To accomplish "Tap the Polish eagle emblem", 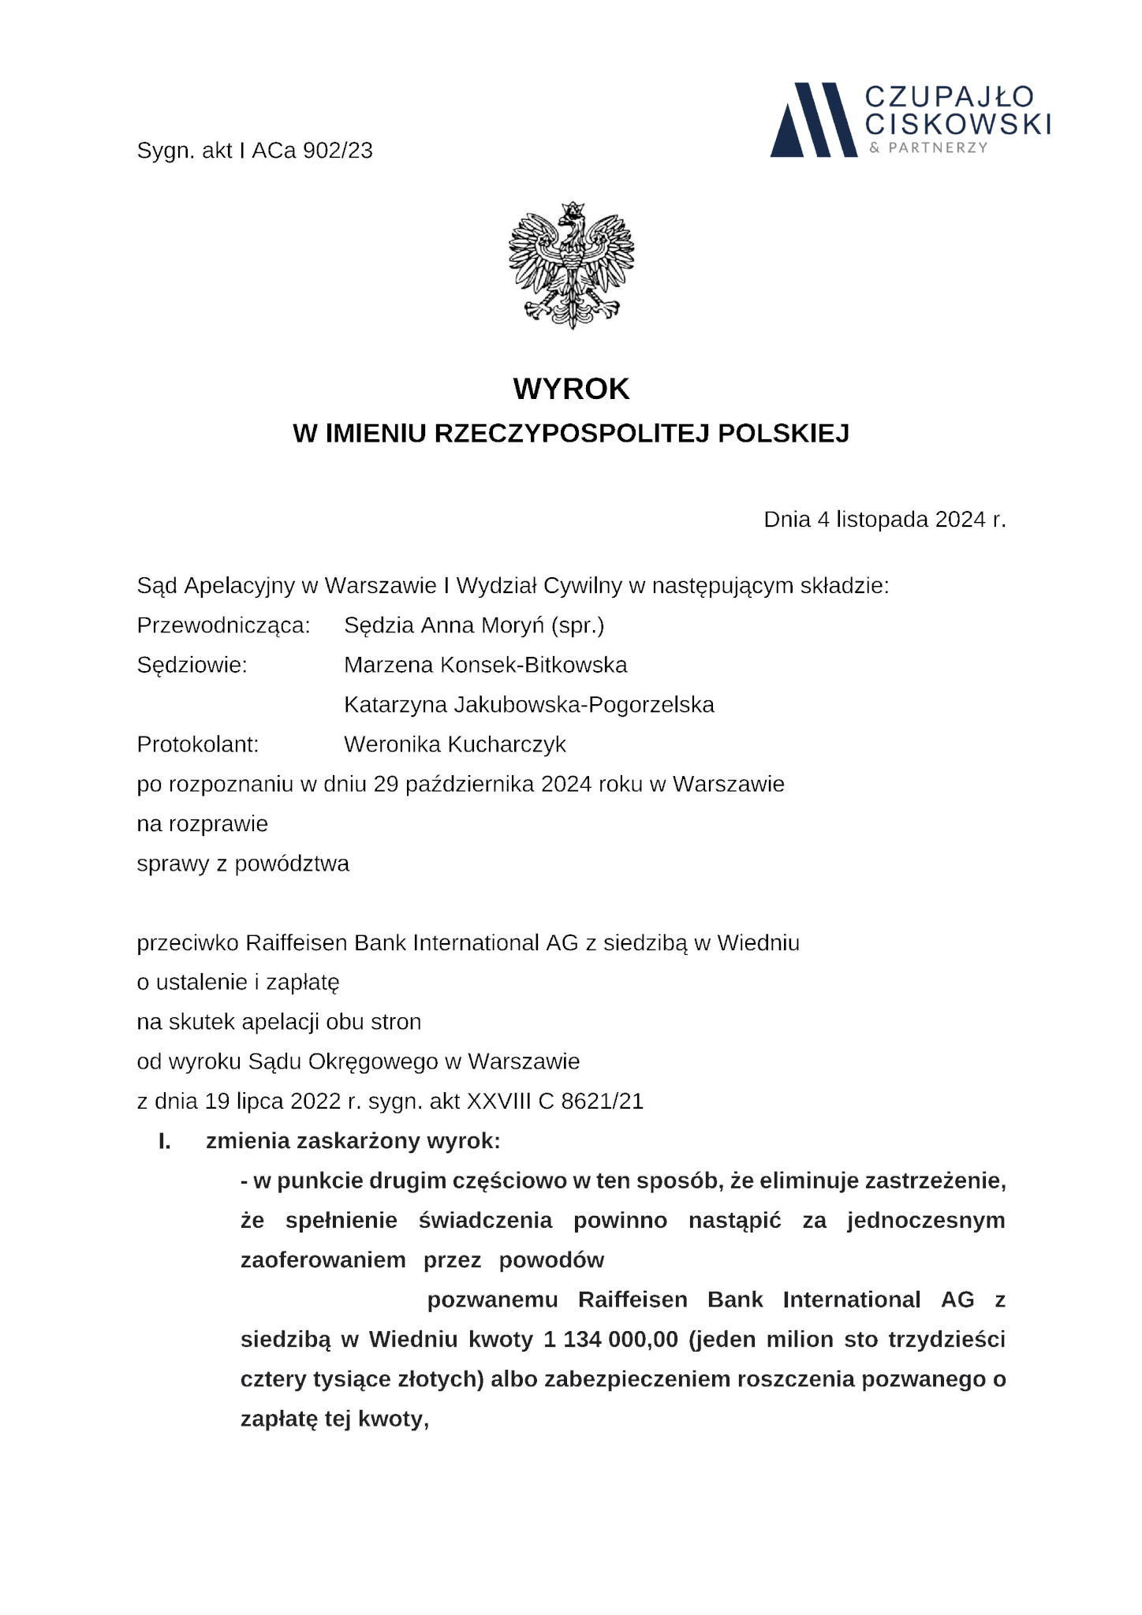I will coord(571,265).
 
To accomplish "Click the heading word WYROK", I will coord(571,389).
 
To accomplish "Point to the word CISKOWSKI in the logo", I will coord(957,124).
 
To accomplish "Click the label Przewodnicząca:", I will coord(223,625).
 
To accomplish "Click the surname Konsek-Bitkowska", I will coord(533,665).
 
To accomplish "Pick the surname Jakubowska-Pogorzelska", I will coord(584,704).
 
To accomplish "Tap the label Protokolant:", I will coord(198,744).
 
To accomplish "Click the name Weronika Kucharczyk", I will coord(455,744).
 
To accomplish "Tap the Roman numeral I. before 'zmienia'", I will coord(164,1141).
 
